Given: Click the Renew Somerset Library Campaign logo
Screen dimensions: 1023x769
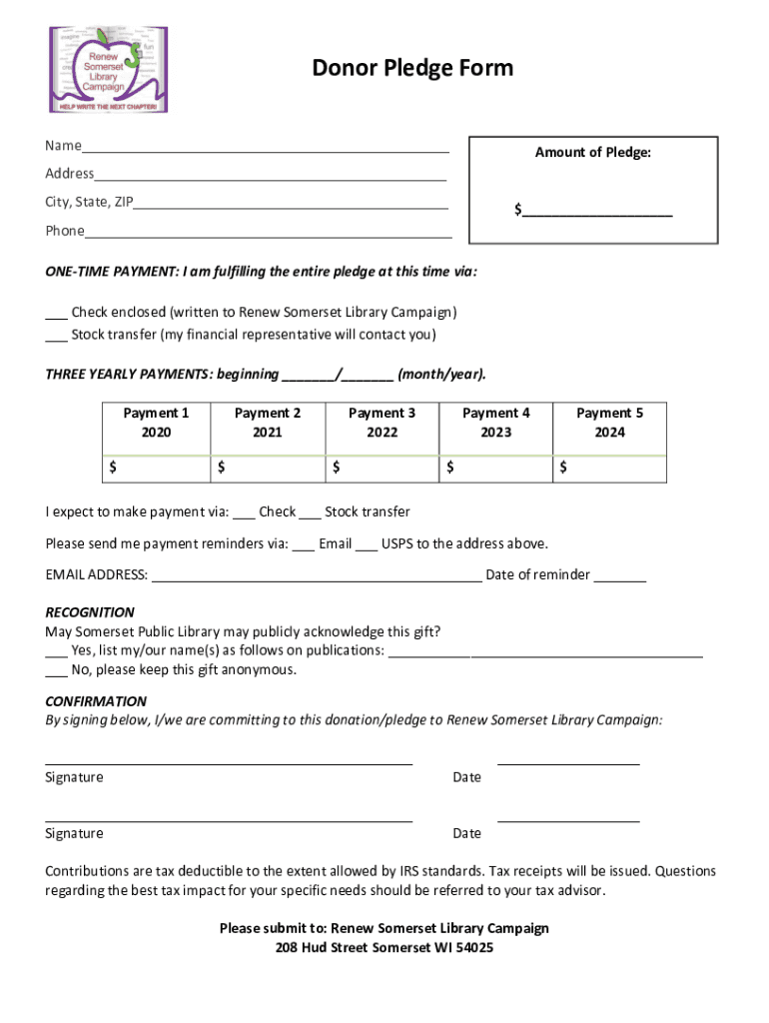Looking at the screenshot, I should click(109, 69).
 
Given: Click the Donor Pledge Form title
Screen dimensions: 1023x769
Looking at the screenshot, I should click(412, 68).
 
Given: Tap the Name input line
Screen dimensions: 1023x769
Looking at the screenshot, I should click(266, 149).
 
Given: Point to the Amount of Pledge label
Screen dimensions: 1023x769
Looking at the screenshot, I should click(592, 153).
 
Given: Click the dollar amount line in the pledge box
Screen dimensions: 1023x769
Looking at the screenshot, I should click(596, 212).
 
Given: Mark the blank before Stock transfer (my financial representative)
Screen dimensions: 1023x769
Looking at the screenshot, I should click(56, 337).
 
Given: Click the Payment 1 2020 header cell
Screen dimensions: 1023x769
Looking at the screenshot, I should click(156, 423).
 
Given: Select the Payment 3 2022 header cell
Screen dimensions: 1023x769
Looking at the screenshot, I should click(382, 423).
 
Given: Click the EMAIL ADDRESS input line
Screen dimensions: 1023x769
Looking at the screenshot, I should click(316, 577).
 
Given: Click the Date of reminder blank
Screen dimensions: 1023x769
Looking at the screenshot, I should click(624, 577).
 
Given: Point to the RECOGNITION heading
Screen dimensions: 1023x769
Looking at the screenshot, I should click(90, 612).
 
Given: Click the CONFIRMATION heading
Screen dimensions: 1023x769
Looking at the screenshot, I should click(96, 701).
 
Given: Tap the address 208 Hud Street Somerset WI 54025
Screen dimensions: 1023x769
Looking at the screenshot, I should click(384, 948).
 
